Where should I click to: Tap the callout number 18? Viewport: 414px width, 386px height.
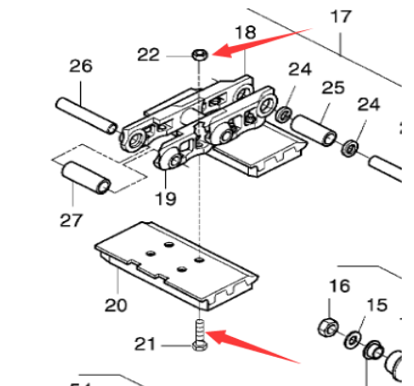[244, 34]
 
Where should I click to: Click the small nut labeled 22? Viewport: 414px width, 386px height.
[199, 56]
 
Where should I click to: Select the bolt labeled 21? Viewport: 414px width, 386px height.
[200, 335]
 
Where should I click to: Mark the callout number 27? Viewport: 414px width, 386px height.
[72, 220]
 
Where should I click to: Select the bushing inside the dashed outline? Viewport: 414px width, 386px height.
[86, 175]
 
